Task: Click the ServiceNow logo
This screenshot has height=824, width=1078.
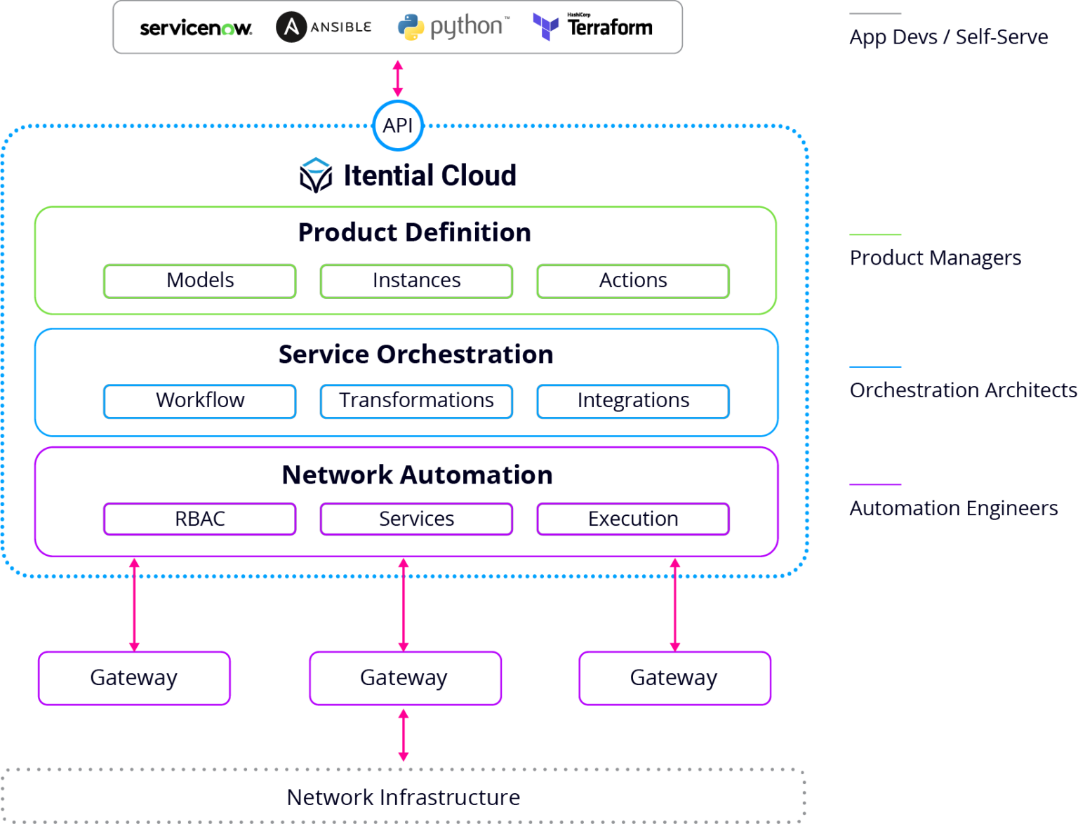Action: point(196,28)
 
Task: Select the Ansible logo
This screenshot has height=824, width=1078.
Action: point(324,27)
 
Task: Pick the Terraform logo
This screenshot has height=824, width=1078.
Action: point(593,27)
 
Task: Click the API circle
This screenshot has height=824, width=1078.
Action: point(398,126)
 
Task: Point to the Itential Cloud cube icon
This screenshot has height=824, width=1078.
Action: point(316,175)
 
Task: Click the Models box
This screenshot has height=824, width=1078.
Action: point(200,281)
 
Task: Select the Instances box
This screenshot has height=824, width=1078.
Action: point(416,281)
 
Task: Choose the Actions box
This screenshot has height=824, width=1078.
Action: point(633,281)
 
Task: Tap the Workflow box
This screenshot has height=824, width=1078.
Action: point(200,401)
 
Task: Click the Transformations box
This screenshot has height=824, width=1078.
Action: point(416,401)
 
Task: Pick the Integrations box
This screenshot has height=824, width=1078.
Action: point(633,401)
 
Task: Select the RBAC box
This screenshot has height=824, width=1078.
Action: point(200,519)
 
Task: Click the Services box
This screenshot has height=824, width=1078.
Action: point(416,519)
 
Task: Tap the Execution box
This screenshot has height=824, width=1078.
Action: point(633,519)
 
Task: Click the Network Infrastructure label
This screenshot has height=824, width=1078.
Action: point(404,797)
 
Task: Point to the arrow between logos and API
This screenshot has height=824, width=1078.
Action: point(398,78)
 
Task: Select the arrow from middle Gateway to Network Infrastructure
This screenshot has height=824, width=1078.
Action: point(404,735)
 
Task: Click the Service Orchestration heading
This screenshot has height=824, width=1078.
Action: point(415,354)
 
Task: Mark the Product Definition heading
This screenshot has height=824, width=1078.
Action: point(415,232)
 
